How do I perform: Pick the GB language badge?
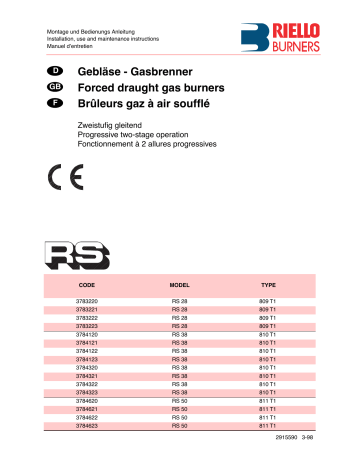click(x=56, y=89)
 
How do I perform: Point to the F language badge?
click(x=56, y=103)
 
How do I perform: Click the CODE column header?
click(x=87, y=285)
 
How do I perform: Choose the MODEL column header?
click(x=180, y=285)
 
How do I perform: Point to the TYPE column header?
click(x=268, y=285)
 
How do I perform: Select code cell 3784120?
click(x=87, y=334)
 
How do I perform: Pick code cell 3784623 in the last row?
click(x=87, y=426)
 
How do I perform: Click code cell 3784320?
click(x=87, y=368)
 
